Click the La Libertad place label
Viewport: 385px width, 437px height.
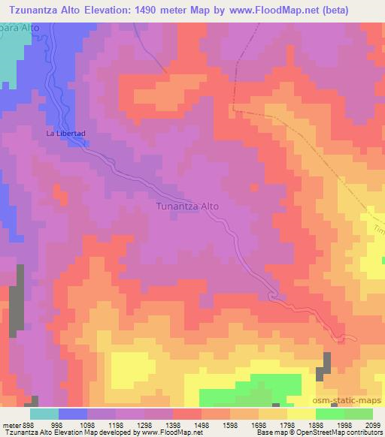pyautogui.click(x=67, y=134)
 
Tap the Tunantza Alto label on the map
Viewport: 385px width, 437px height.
pyautogui.click(x=187, y=205)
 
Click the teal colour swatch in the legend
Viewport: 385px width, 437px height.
pyautogui.click(x=44, y=414)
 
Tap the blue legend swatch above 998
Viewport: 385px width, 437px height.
pyautogui.click(x=73, y=414)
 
